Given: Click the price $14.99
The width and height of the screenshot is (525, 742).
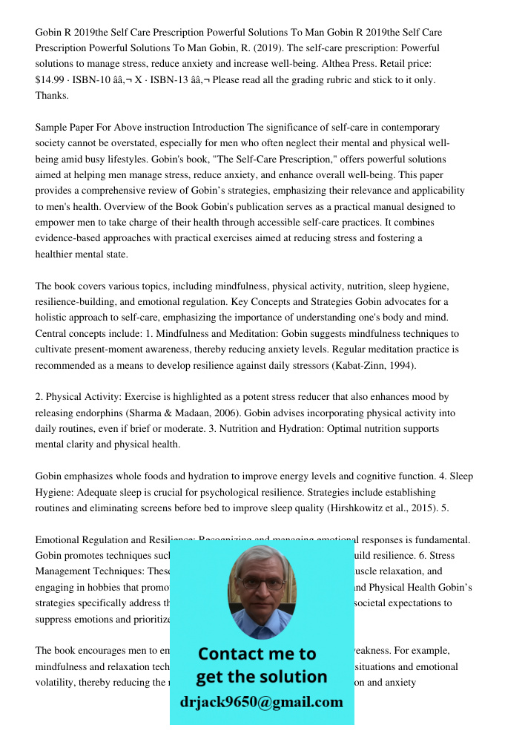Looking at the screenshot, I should (51, 80).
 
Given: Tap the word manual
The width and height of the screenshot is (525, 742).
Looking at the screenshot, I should (362, 207).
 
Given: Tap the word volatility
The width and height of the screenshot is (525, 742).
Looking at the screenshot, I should (56, 683).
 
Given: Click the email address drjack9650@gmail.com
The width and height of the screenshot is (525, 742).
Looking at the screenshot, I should (261, 702).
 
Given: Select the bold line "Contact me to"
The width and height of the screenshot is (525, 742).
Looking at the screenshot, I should (257, 654).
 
